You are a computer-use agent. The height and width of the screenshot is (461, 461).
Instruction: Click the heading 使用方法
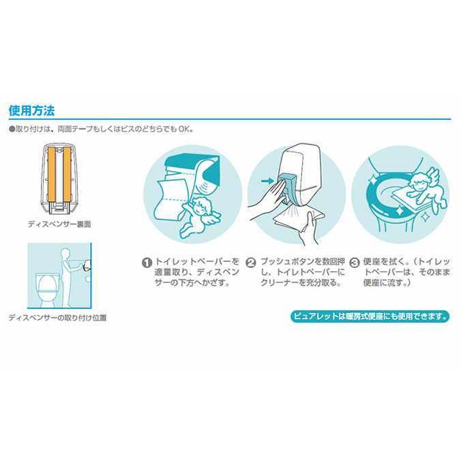click(32, 110)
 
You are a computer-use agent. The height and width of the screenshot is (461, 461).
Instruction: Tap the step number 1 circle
click(147, 263)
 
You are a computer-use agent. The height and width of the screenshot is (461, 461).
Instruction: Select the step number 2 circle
click(251, 263)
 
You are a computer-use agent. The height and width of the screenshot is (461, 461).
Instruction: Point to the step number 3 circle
click(354, 263)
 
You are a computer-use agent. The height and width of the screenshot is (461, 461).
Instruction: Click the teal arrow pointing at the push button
click(267, 181)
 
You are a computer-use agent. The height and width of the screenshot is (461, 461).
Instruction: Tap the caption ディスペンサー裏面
click(59, 224)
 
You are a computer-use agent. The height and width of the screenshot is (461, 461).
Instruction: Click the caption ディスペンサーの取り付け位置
click(57, 318)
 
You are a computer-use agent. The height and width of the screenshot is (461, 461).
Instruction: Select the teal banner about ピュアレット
click(370, 316)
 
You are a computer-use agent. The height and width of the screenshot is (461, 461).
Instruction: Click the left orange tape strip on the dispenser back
click(51, 174)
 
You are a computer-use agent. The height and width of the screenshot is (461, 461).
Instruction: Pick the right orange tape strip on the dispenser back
click(68, 174)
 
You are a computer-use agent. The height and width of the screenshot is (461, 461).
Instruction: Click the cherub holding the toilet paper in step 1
click(200, 216)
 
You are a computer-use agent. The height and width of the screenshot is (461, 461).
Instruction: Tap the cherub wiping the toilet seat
click(428, 188)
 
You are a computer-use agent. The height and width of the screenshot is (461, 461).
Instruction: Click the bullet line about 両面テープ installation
click(101, 129)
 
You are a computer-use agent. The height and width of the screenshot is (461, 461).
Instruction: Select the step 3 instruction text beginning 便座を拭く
click(406, 272)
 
